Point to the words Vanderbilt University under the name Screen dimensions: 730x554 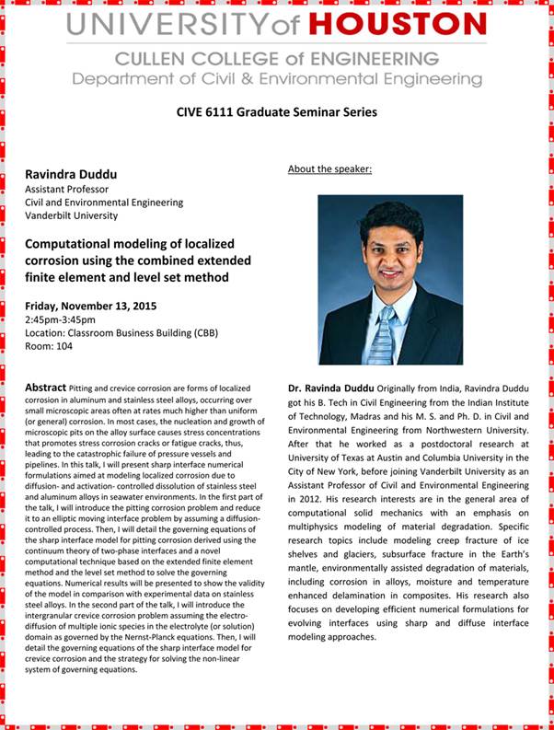click(72, 215)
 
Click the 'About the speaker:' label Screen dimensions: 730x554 click(329, 169)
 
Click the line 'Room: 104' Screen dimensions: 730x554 click(47, 347)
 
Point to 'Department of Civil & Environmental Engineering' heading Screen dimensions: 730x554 click(276, 78)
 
